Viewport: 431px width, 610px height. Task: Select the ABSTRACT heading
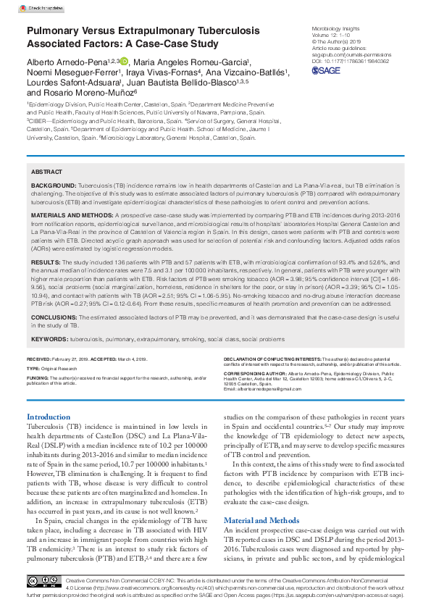[46, 172]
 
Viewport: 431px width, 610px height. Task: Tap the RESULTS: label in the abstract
[45, 262]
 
